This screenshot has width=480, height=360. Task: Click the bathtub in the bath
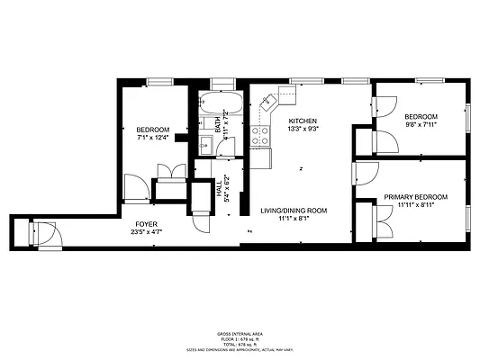coord(219,101)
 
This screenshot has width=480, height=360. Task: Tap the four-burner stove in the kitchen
coord(260,136)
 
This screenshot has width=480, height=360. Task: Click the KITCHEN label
coord(303,121)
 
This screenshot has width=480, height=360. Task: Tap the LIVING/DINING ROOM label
coord(294,210)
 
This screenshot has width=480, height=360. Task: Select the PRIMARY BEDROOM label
coord(415,196)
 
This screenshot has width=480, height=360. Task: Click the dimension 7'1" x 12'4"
coord(152,138)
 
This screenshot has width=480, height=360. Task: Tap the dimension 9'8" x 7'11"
coord(421,126)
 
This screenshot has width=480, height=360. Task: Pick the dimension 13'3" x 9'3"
coord(303,129)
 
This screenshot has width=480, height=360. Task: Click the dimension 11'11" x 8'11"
coord(415,205)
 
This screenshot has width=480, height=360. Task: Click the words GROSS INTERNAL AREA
coord(240,332)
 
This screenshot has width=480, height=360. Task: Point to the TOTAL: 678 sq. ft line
coord(240,343)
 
